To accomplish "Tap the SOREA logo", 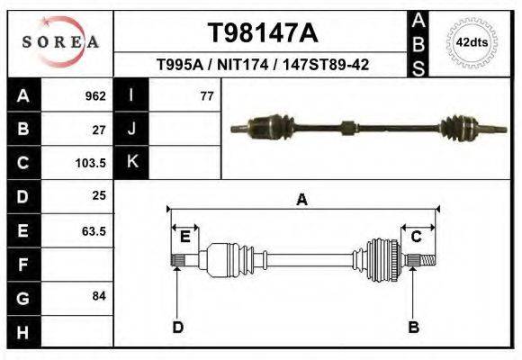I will (60, 41).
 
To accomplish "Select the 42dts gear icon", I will (472, 42).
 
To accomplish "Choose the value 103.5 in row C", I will (92, 163).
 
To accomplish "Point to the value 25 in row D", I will (99, 195).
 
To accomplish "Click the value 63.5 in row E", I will (94, 230).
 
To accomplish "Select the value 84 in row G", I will (99, 296).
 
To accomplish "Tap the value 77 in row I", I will (206, 95).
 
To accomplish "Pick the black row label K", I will (131, 162).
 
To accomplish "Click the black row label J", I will (131, 129).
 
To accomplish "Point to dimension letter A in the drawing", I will (301, 200).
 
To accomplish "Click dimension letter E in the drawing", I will (184, 237).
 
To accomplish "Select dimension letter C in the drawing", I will (417, 237).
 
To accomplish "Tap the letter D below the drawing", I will (178, 327).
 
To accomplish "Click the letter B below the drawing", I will (414, 327).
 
